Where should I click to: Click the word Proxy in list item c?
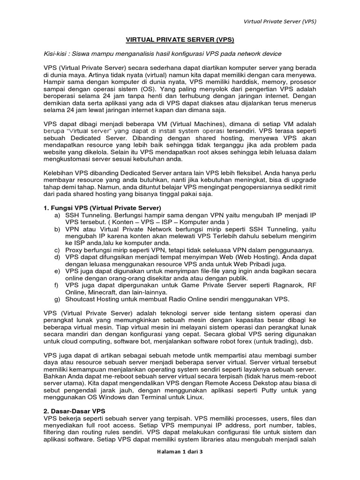(x=75, y=250)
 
